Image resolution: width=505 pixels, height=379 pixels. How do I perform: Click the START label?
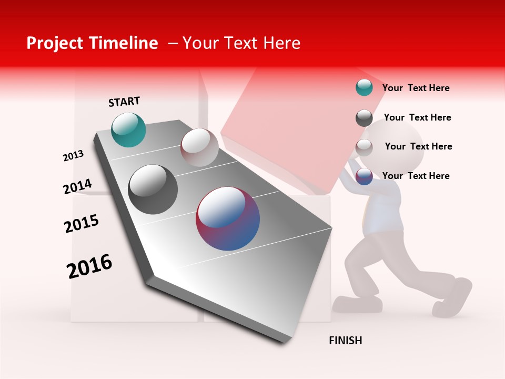click(x=124, y=102)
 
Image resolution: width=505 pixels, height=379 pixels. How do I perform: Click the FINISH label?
click(x=346, y=341)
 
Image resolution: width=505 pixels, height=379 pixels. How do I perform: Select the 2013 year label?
click(x=73, y=156)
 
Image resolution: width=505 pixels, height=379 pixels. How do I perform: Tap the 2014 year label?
click(x=77, y=187)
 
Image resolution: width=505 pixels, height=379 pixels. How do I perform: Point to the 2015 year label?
click(x=82, y=223)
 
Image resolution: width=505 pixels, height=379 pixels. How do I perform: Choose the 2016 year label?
click(x=89, y=266)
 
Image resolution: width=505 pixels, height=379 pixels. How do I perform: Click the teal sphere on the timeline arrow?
click(x=128, y=129)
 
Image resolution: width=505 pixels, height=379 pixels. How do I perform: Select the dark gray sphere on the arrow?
click(x=153, y=189)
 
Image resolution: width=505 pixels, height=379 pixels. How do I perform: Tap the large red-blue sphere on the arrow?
click(x=228, y=218)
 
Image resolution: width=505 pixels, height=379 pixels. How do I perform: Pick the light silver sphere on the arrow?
click(x=199, y=147)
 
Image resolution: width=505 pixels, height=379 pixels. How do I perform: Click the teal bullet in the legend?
click(x=364, y=88)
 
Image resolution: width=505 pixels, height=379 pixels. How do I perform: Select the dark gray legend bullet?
click(x=364, y=118)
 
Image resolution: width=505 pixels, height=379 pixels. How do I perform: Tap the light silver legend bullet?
click(x=364, y=147)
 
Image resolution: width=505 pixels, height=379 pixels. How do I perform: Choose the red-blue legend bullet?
click(x=364, y=177)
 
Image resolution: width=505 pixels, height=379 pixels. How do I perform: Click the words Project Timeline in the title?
click(x=92, y=43)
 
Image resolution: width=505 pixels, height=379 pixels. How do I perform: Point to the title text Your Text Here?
click(x=241, y=43)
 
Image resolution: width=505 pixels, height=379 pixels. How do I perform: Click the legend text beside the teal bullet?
click(x=416, y=88)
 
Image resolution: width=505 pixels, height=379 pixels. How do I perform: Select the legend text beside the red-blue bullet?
click(x=416, y=176)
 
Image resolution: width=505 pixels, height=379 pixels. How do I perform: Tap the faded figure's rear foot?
click(x=455, y=298)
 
